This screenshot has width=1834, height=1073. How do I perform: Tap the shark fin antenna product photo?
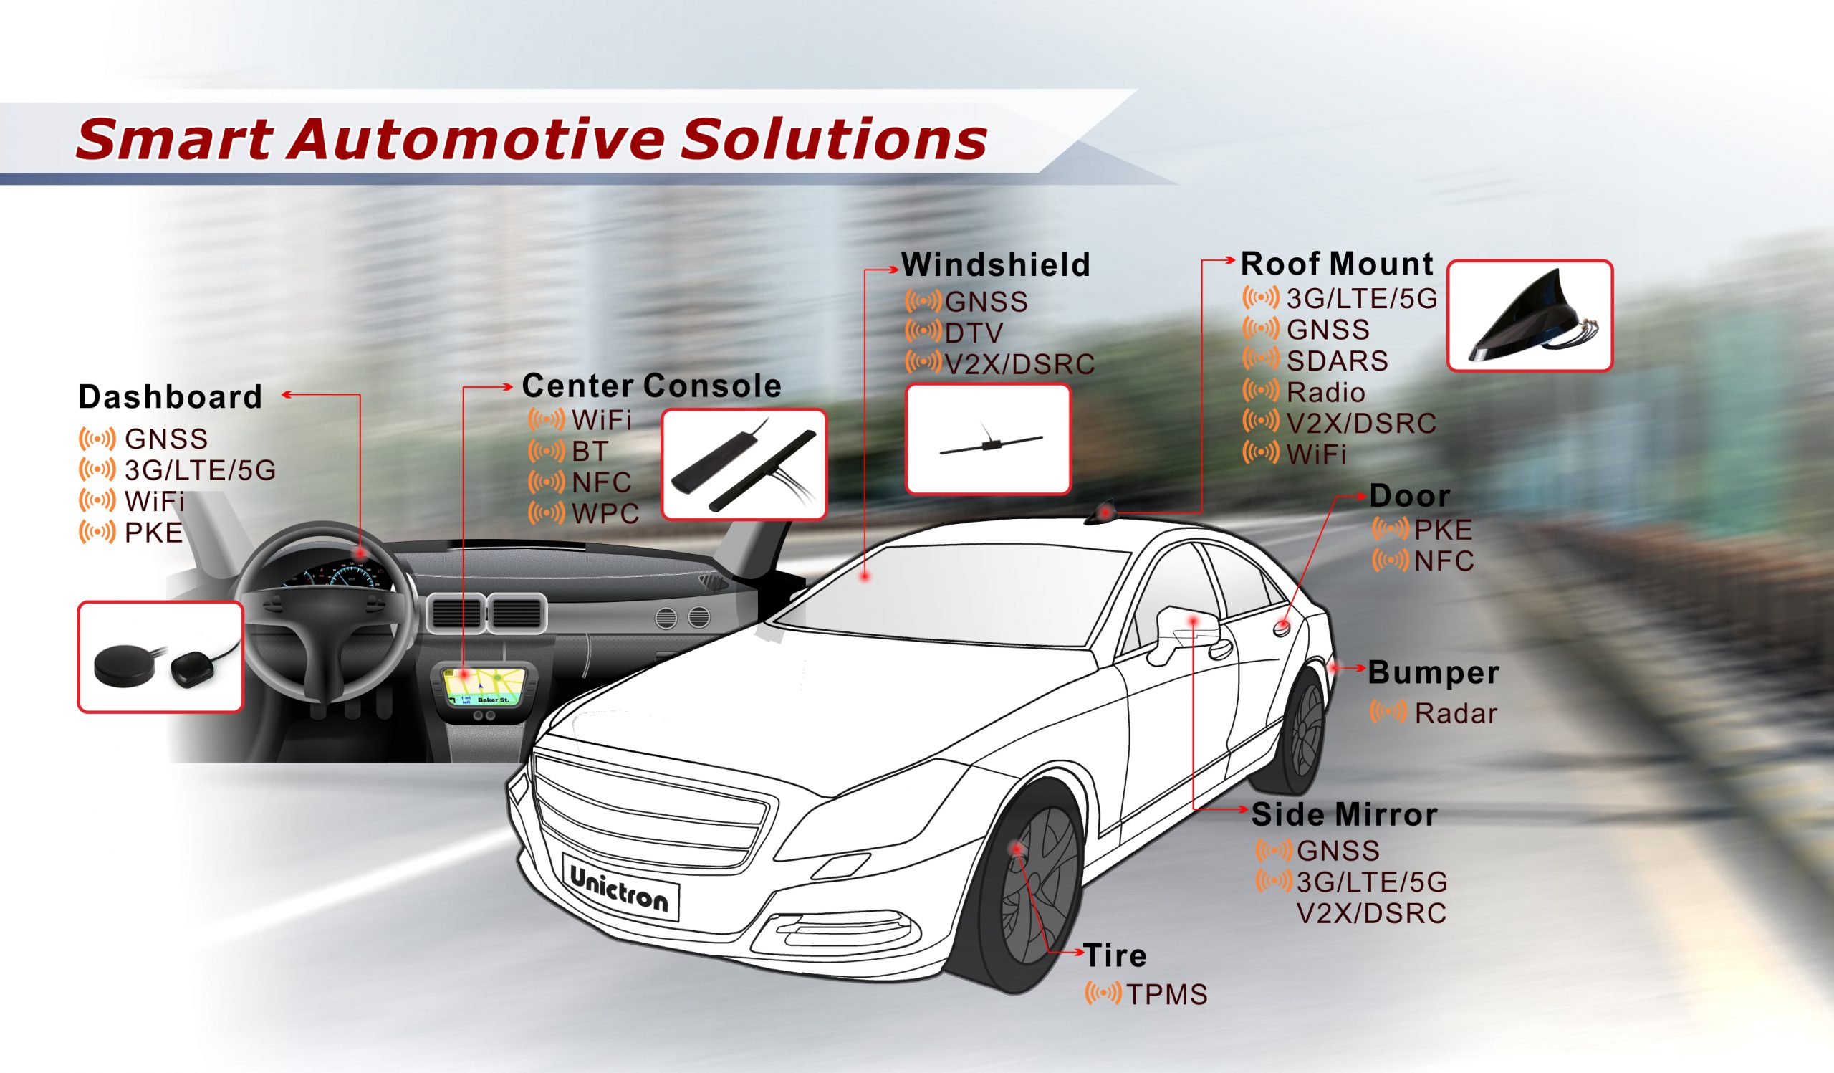click(1530, 316)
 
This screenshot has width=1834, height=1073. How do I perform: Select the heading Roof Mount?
click(1337, 264)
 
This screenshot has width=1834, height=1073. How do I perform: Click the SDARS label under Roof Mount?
click(1337, 361)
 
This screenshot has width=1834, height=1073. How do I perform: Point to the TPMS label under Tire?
click(1166, 994)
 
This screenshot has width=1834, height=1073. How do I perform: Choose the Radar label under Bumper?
click(1456, 713)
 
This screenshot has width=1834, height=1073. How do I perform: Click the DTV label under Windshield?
click(974, 333)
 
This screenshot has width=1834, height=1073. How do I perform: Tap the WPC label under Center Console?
click(605, 514)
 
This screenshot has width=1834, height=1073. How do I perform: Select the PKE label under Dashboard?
click(153, 533)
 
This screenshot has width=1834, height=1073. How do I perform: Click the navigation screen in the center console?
click(485, 687)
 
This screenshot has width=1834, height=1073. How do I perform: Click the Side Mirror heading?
click(1344, 814)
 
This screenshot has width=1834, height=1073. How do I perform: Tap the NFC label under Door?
click(1444, 561)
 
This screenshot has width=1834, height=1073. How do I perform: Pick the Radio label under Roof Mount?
click(1325, 393)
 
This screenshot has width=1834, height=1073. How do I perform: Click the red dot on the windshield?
click(865, 576)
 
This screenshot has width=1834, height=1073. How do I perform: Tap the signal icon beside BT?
click(546, 452)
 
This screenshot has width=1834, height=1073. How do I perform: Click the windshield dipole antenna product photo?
click(988, 439)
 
